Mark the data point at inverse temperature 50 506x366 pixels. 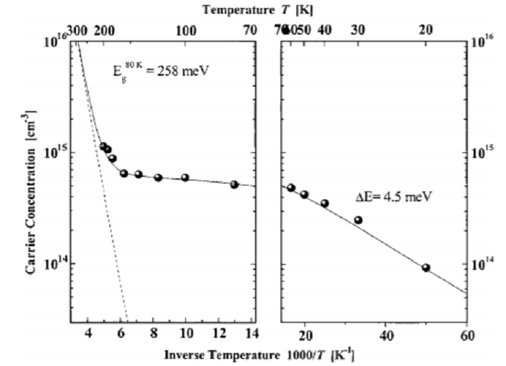click(x=426, y=268)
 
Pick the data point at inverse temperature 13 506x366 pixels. click(x=234, y=184)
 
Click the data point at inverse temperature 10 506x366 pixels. click(x=185, y=178)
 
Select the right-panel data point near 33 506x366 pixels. click(x=358, y=219)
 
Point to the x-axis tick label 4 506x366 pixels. click(x=88, y=336)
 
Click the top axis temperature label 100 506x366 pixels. click(x=186, y=30)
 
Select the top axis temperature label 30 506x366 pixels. click(x=357, y=30)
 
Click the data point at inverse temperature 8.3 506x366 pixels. click(x=158, y=177)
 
